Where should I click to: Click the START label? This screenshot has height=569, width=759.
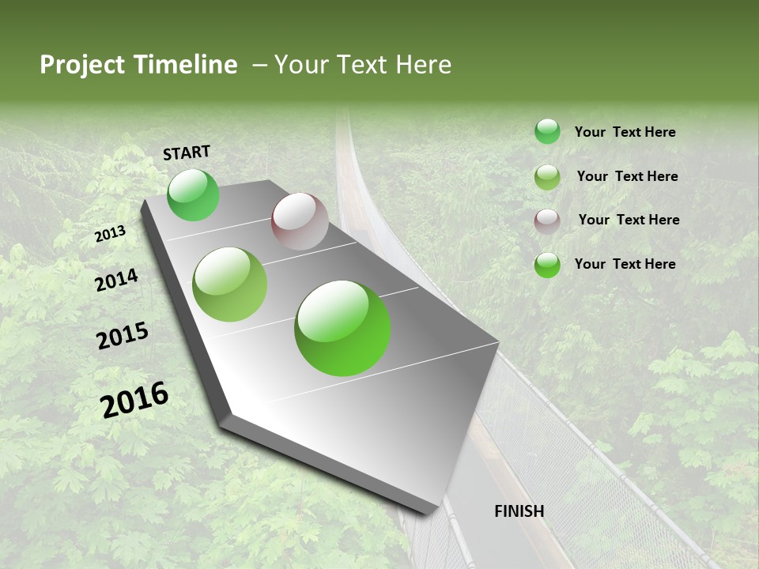click(187, 153)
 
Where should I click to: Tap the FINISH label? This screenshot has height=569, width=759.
click(519, 511)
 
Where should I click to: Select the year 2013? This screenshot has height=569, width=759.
click(110, 234)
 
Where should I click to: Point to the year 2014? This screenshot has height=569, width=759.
click(116, 280)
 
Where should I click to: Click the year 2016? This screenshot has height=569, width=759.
click(134, 399)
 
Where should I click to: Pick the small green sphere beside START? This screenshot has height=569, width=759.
click(193, 195)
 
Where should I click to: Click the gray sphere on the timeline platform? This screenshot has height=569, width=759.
click(300, 221)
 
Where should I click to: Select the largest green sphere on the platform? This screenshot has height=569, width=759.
click(342, 328)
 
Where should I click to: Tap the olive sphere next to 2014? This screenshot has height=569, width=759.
click(230, 284)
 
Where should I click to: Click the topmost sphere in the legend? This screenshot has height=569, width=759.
click(547, 132)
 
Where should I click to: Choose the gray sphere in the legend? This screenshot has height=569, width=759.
click(547, 221)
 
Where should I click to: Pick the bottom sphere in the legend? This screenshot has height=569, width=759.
click(547, 265)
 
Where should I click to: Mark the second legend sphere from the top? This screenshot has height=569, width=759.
click(547, 177)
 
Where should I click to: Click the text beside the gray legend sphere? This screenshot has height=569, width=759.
click(629, 220)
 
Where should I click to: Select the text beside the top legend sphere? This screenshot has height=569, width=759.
click(625, 132)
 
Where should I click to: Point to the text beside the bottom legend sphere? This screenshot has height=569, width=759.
click(625, 264)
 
